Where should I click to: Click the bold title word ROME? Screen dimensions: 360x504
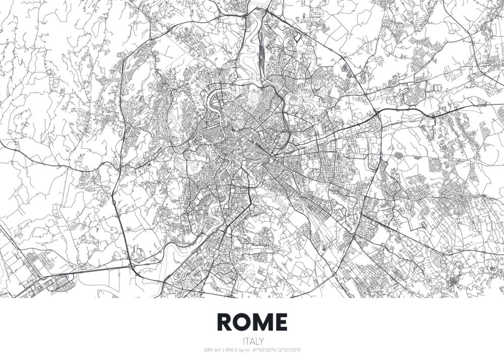click(252, 322)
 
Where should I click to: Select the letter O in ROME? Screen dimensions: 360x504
click(243, 322)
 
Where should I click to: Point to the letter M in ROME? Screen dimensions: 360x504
click(263, 322)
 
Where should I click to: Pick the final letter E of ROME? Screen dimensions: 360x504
click(280, 322)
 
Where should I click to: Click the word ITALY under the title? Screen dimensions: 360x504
click(252, 341)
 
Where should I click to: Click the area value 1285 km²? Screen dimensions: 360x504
click(212, 350)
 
